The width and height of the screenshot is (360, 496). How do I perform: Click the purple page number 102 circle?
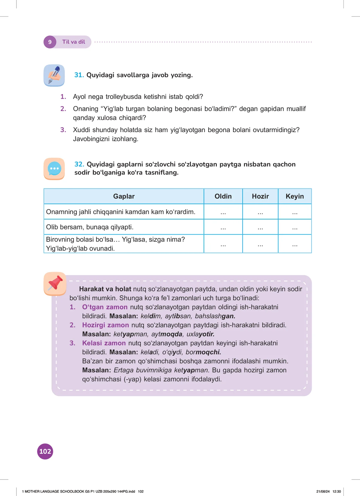click(45, 451)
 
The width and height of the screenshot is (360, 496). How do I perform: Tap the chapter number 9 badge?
click(50, 42)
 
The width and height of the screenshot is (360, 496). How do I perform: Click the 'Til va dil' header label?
click(73, 42)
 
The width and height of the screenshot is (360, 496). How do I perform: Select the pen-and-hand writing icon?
click(54, 75)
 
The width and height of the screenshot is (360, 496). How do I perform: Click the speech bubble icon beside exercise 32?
click(54, 169)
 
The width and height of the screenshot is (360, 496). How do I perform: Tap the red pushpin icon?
click(55, 283)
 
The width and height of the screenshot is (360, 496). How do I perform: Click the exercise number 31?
click(79, 75)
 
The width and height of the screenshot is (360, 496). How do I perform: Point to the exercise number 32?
click(79, 164)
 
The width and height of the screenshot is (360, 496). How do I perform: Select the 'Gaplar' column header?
click(124, 196)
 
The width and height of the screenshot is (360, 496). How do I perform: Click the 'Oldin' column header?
click(223, 196)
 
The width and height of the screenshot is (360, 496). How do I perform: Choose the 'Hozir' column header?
click(260, 196)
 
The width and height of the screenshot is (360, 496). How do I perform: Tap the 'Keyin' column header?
click(295, 196)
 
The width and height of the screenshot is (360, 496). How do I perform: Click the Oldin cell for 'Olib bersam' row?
click(223, 227)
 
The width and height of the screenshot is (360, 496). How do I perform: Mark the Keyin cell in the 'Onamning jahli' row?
click(295, 212)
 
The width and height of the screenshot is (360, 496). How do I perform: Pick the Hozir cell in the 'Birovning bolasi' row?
click(260, 244)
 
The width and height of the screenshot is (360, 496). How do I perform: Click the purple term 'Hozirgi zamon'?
click(105, 325)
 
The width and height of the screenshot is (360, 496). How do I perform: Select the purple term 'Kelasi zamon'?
click(104, 343)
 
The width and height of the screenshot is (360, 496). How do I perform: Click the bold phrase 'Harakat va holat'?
click(105, 289)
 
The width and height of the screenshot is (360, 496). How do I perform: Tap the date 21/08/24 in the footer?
click(323, 491)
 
